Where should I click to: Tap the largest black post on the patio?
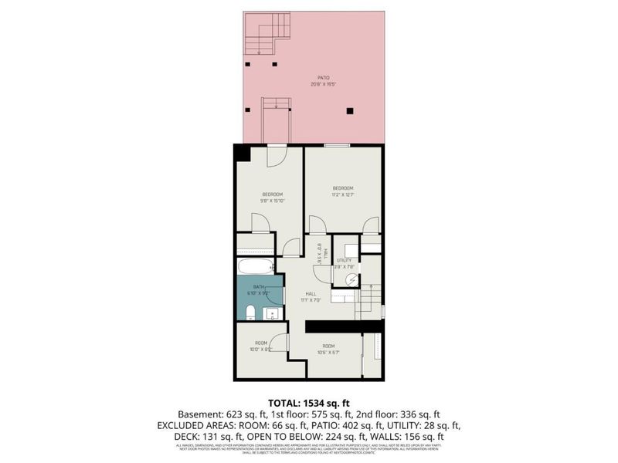pos(350,111)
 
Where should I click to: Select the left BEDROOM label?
pos(272,194)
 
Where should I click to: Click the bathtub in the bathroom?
pos(254,268)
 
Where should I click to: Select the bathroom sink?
pos(270,313)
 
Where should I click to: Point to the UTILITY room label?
pos(345,261)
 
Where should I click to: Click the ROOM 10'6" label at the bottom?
pos(329,350)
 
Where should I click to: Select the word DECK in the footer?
pos(188,437)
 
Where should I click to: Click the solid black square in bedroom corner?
pos(243,153)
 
